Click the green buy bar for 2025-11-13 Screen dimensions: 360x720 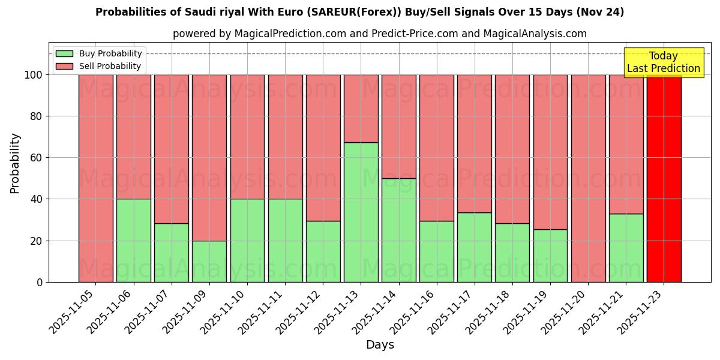361,212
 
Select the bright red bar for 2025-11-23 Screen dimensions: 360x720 664,178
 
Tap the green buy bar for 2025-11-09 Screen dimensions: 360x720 209,261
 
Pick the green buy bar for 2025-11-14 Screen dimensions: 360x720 399,230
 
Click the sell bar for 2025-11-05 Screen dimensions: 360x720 96,178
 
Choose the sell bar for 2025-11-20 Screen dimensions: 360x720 589,178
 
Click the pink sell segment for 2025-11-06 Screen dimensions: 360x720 134,137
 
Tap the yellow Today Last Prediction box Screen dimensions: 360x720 664,62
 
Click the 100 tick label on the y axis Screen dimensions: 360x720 33,75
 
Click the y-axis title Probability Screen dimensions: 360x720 15,163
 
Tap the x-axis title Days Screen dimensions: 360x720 380,345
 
